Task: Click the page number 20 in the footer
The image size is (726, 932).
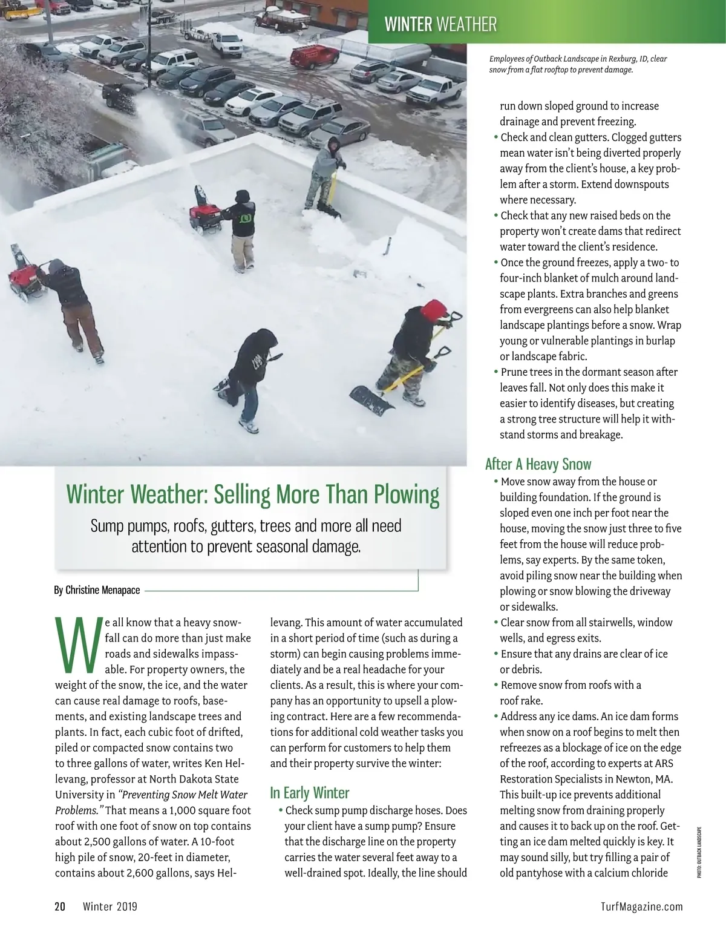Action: (60, 906)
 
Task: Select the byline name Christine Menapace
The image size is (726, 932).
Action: (103, 589)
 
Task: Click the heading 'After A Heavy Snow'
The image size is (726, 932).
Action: (538, 464)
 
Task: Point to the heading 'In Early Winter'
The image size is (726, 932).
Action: (310, 793)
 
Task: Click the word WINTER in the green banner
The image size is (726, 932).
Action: (408, 24)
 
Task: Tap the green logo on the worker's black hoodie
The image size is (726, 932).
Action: (246, 216)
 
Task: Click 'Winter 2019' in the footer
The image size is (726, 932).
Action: (110, 906)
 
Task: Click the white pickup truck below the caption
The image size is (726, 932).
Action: (436, 90)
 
